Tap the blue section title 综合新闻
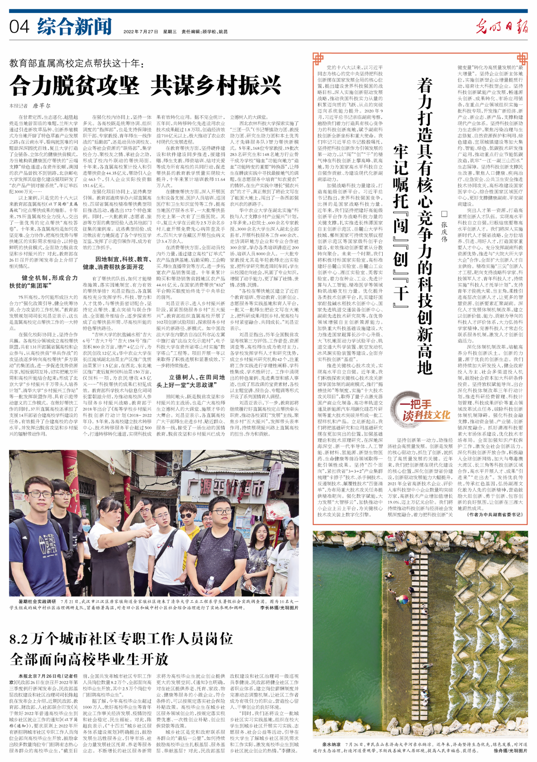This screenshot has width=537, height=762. tap(74, 27)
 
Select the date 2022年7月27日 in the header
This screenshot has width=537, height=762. tap(141, 32)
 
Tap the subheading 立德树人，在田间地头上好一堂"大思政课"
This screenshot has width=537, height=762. tap(191, 381)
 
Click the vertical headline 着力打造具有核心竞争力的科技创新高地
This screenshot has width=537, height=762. tap(425, 226)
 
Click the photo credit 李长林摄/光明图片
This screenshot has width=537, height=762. tap(279, 608)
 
